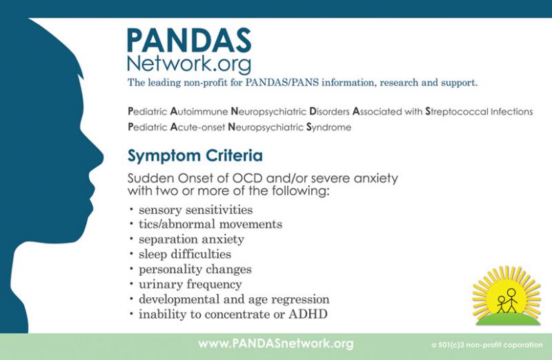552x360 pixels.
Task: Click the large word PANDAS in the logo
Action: [189, 40]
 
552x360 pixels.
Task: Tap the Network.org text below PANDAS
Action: [189, 63]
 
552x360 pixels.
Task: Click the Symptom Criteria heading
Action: [195, 156]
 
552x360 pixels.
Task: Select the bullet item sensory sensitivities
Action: [196, 210]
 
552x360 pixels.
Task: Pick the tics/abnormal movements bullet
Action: [210, 224]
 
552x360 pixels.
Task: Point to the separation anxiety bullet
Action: [191, 239]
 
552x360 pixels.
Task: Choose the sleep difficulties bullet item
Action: [185, 254]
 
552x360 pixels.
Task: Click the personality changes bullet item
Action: [195, 269]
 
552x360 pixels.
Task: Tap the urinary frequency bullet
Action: [190, 284]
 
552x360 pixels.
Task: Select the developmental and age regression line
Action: [234, 299]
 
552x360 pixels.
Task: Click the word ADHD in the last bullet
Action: [308, 314]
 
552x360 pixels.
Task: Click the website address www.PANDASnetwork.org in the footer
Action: [275, 343]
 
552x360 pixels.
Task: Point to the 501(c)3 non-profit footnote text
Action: [487, 345]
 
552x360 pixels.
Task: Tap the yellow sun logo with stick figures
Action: [507, 296]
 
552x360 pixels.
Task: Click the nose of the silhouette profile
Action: [99, 157]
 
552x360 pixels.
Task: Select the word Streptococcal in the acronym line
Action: [457, 112]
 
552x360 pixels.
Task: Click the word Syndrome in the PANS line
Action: [329, 127]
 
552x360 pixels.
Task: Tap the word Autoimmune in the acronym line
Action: [199, 112]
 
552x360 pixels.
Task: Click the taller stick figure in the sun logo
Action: [511, 300]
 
